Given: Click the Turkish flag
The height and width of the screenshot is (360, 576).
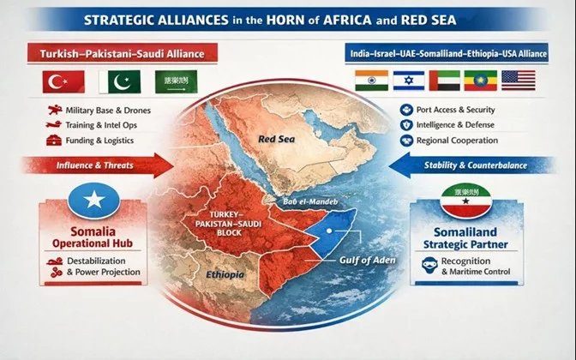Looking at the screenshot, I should tap(63, 81).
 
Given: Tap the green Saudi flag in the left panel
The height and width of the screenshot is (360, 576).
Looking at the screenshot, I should tap(174, 81).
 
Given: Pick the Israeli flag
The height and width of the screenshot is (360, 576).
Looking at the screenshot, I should tap(407, 81).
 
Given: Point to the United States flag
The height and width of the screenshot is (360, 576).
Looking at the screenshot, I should tap(517, 81).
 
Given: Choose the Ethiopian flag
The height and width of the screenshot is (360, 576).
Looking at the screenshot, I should tap(480, 81).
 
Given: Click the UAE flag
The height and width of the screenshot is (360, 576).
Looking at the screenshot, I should tap(443, 81).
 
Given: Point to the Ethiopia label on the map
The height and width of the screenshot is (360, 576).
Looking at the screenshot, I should tap(225, 276).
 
